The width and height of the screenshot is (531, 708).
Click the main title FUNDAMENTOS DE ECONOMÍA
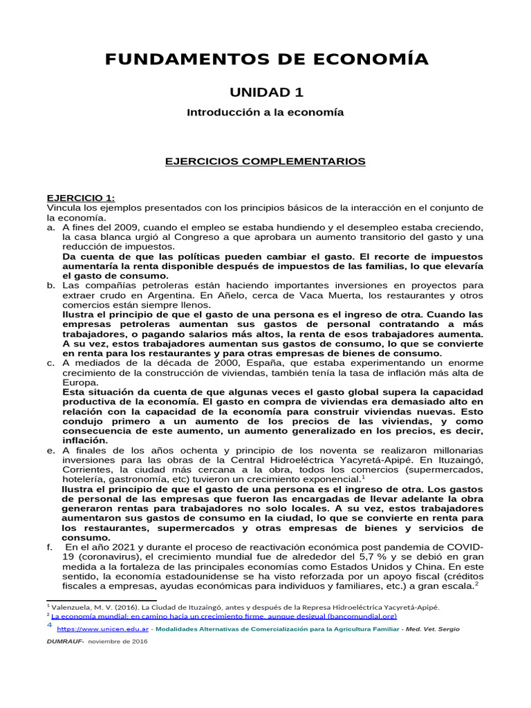(266, 59)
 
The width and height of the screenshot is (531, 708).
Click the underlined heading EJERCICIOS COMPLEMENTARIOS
(264, 161)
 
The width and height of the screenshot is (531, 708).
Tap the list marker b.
(50, 284)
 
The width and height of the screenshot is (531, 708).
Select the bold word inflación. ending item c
(85, 439)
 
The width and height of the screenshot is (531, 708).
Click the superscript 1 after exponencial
(364, 476)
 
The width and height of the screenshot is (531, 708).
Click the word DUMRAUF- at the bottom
(65, 642)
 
